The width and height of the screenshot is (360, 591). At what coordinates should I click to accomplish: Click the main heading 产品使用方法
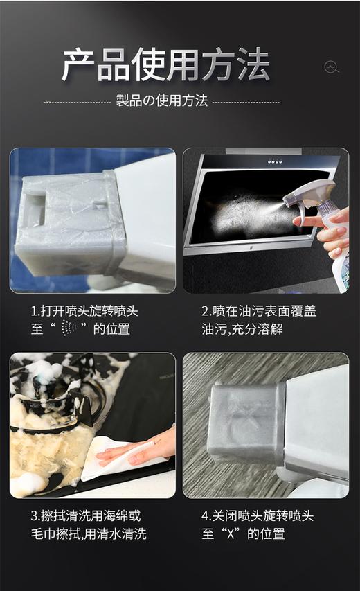point(165,66)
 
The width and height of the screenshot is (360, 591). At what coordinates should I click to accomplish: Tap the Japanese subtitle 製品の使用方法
point(161,100)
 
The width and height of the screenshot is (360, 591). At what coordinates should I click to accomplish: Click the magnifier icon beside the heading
point(332,67)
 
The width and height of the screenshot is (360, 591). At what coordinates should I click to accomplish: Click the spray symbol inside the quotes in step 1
point(67,328)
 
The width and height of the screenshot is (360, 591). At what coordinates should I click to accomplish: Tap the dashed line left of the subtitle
point(76,101)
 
